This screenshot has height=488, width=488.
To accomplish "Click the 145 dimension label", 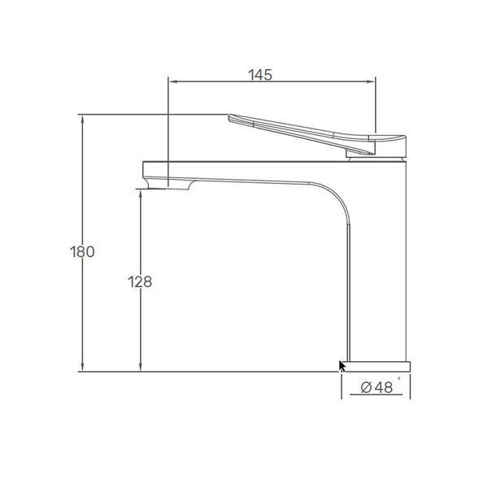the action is [x=260, y=75].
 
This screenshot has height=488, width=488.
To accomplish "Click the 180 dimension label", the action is [x=82, y=251].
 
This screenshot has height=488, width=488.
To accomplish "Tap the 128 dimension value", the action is [x=140, y=282].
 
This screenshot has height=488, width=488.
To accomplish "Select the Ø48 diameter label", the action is [x=377, y=387].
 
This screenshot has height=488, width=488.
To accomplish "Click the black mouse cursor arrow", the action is [x=342, y=366].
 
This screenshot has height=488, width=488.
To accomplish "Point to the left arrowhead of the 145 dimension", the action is [x=173, y=81].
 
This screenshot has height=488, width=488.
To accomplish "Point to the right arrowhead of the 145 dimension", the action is [x=371, y=81].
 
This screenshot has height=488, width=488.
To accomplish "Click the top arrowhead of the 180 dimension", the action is [x=82, y=120].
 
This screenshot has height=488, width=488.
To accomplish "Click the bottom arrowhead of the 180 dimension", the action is [x=82, y=367].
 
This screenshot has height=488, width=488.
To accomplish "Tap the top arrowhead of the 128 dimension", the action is [x=141, y=195].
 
